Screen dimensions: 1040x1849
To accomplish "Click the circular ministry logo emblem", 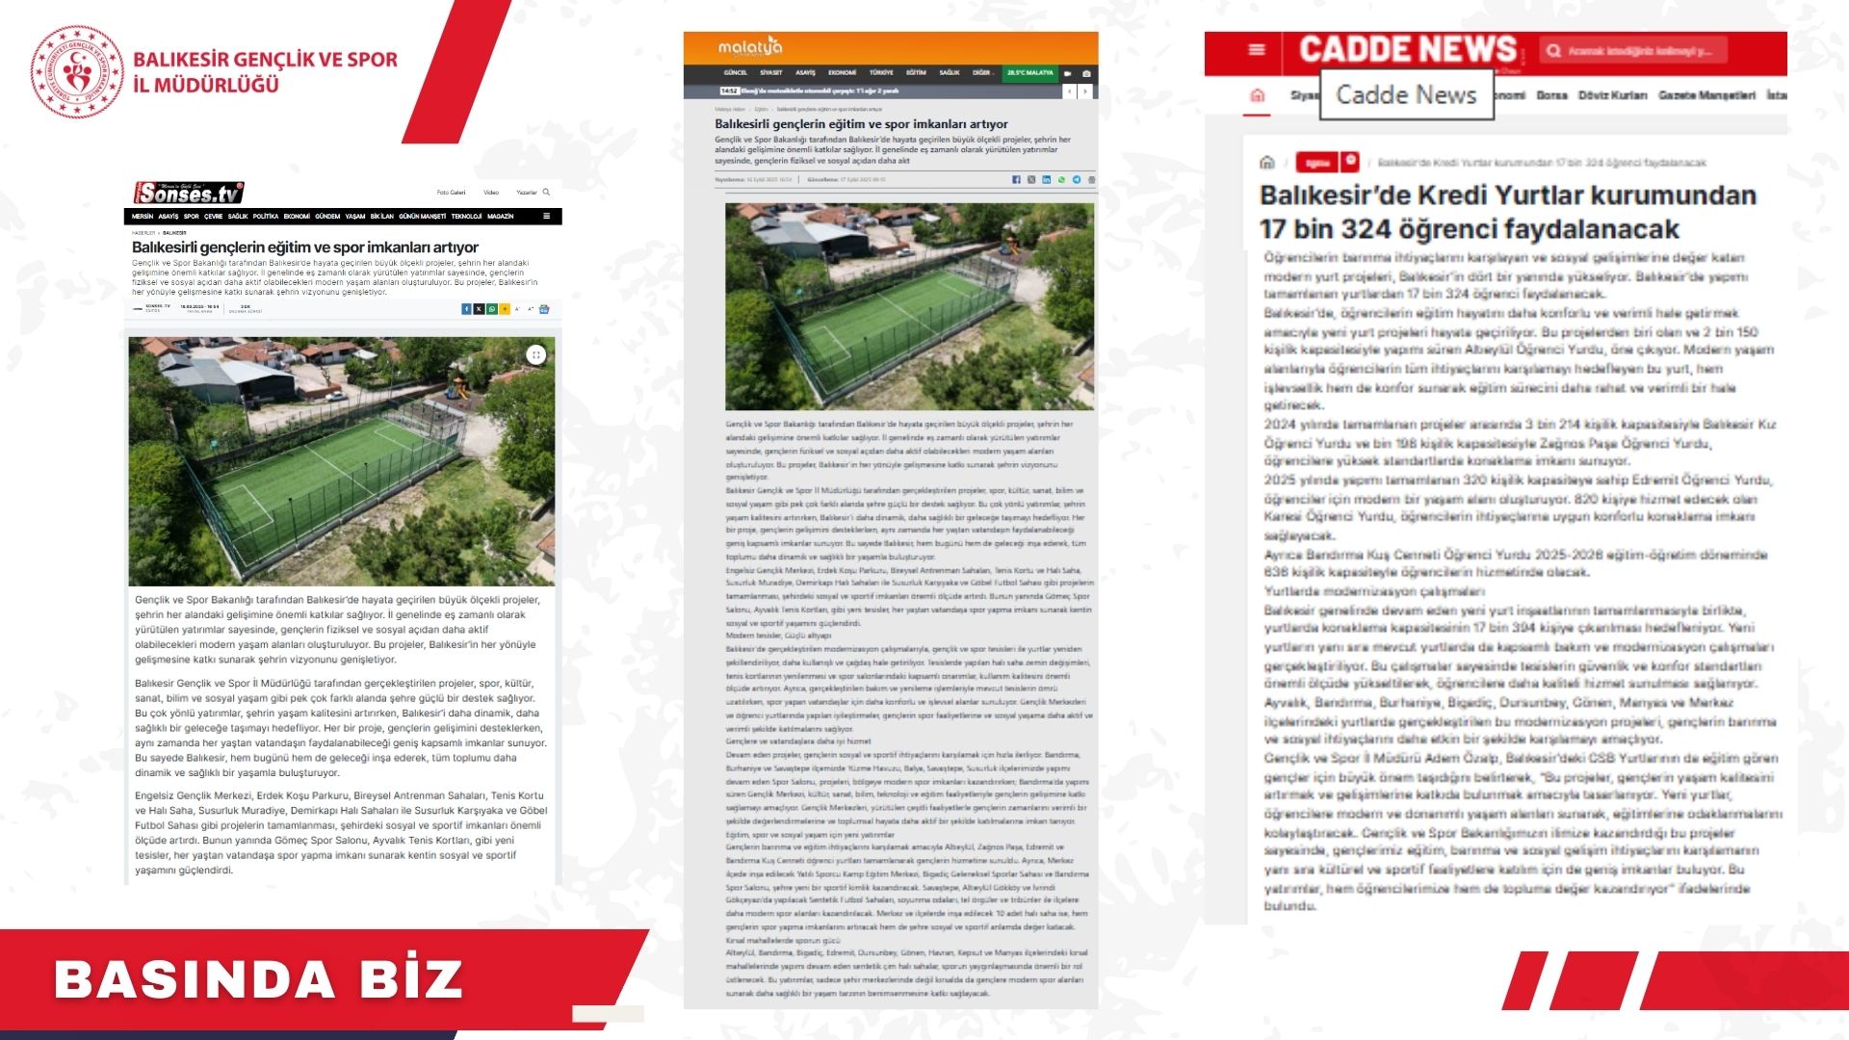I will click(x=77, y=72).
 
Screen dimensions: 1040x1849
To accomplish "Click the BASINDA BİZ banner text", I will click(x=258, y=979).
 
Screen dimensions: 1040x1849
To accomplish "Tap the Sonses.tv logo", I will click(x=189, y=193).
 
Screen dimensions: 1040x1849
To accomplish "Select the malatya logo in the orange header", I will click(x=750, y=47).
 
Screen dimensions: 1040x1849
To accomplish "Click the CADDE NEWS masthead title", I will click(x=1407, y=49).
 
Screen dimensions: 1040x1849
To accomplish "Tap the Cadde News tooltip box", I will click(x=1406, y=94).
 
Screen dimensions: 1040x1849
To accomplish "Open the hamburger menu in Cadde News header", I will click(x=1257, y=50).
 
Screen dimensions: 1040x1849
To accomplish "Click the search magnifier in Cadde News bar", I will click(x=1553, y=51).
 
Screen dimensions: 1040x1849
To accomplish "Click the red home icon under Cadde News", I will click(x=1257, y=95).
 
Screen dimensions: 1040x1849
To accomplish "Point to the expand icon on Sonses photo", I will click(x=536, y=355).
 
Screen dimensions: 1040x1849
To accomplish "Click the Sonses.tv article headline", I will click(x=304, y=247).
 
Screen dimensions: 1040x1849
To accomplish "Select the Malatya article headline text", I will click(x=861, y=124).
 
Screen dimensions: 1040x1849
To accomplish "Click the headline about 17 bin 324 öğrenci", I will click(x=1507, y=212).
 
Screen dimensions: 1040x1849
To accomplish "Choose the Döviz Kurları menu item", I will click(x=1612, y=95).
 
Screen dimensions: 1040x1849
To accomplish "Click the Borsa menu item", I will click(x=1551, y=95).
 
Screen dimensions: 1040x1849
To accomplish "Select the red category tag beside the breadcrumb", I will click(x=1316, y=163).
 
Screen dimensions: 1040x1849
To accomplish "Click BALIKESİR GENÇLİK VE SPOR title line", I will click(x=265, y=60).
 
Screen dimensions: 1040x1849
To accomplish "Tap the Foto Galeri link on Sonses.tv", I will click(x=451, y=193).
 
